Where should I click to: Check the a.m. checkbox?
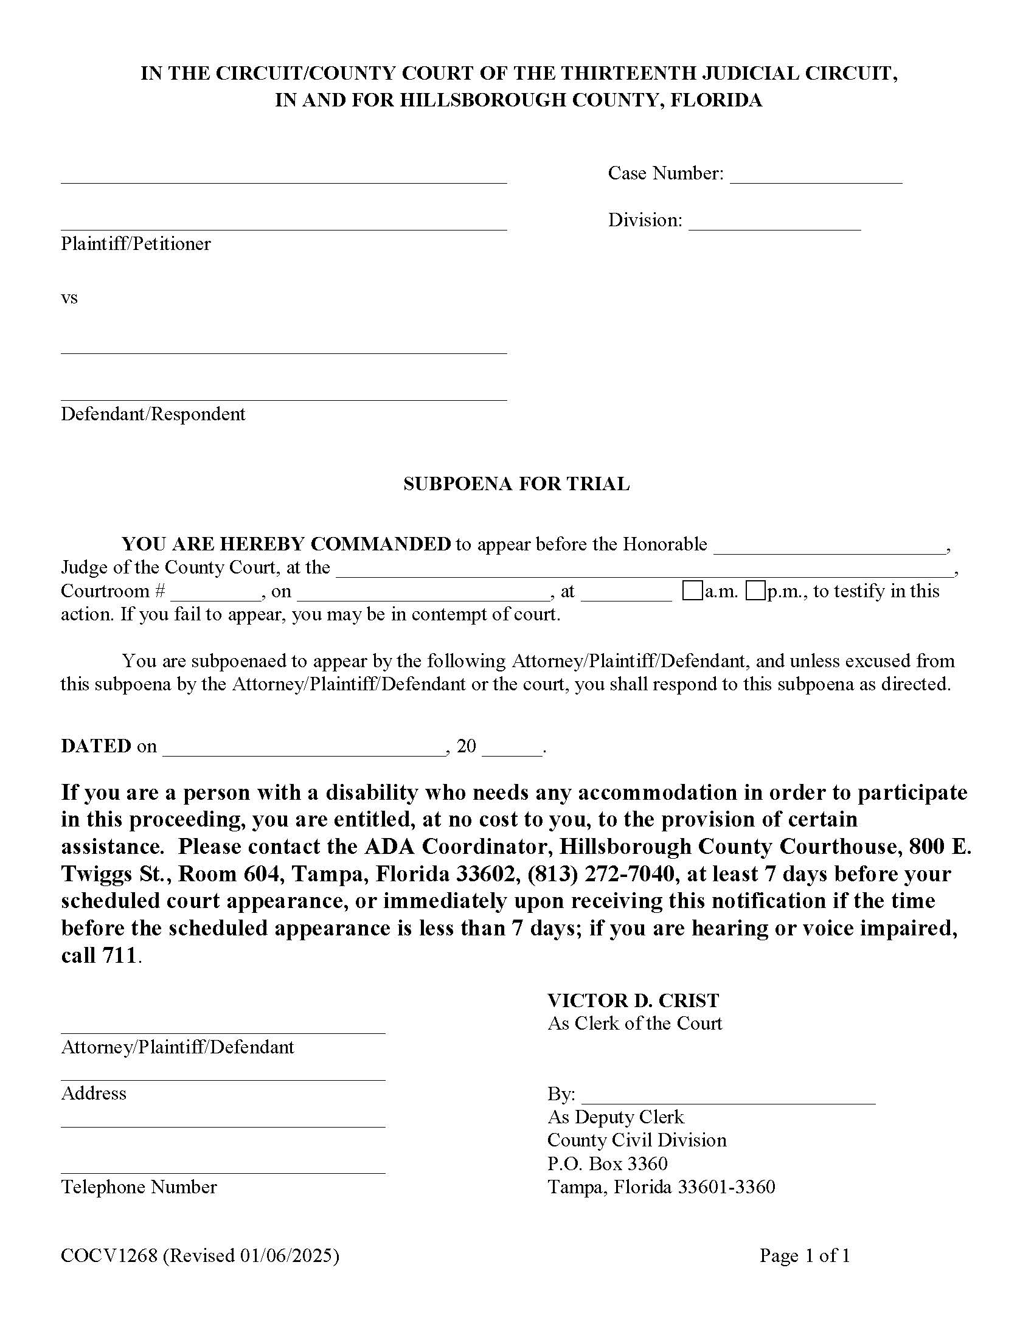click(x=693, y=592)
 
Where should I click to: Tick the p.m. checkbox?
click(x=755, y=592)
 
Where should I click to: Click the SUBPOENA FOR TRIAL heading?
click(x=516, y=484)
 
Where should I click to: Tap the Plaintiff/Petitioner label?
click(x=136, y=244)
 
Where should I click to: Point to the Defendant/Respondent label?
click(x=153, y=414)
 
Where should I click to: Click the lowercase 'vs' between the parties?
click(x=69, y=299)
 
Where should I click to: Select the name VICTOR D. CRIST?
click(x=633, y=1000)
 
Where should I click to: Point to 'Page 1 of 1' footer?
click(x=804, y=1256)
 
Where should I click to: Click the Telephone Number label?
click(x=139, y=1187)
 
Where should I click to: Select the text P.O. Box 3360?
click(x=607, y=1163)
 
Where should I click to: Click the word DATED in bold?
click(x=95, y=746)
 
